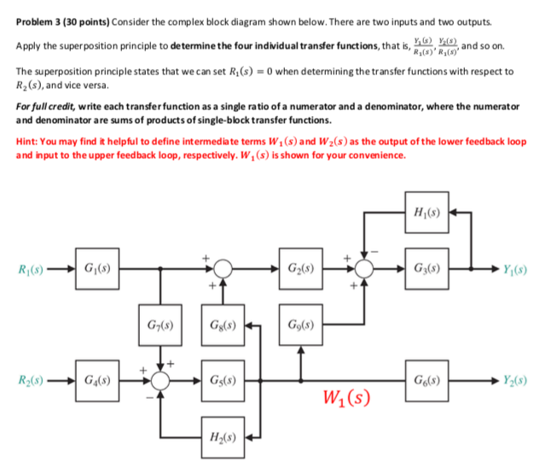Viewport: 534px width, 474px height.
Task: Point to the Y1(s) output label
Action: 510,269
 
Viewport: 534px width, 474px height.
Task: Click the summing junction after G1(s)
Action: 223,269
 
